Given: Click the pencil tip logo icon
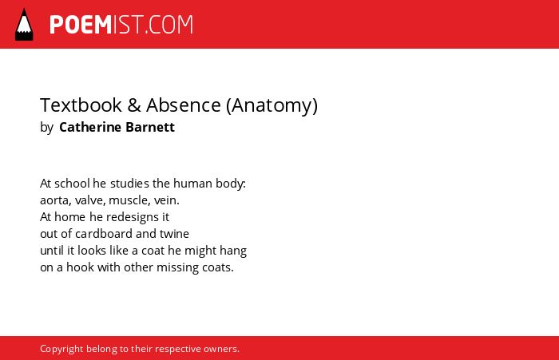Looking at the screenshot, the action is coord(24,24).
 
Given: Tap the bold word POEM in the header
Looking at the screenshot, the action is coord(81,25).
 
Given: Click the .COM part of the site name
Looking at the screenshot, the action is coord(169,25).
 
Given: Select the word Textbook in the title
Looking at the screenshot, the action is coord(81,105).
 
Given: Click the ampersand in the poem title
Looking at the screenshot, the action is coord(134,105).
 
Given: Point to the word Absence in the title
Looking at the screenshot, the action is coord(183,105).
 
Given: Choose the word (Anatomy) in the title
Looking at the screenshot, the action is coord(272,106).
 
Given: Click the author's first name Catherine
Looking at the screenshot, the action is coord(90,127).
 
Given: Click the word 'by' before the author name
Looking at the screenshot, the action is coord(46,128).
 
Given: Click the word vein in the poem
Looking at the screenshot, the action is coord(166,200).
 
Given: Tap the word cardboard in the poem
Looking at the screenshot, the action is coord(104,234).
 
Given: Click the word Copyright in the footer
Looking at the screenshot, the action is coord(61,350).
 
